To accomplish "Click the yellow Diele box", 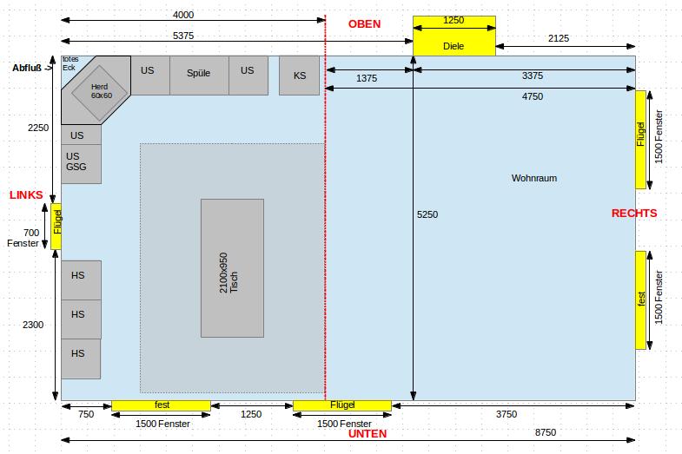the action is (x=454, y=36).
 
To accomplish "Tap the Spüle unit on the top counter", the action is (x=199, y=76).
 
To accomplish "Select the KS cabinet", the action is (x=299, y=76).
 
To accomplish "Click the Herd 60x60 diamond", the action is (x=100, y=93).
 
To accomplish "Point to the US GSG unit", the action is (x=82, y=164).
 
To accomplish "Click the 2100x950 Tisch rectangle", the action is (x=232, y=268).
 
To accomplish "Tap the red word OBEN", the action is (x=365, y=24).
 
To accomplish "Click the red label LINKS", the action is (x=26, y=194).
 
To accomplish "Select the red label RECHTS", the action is (x=634, y=214).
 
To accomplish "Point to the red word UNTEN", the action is (x=367, y=433).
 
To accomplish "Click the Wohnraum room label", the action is (x=534, y=178).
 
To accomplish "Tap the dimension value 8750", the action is (x=546, y=432).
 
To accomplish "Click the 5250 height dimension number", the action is (x=427, y=214).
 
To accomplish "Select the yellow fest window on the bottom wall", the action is (x=161, y=405).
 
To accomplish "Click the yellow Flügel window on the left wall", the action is (x=56, y=227).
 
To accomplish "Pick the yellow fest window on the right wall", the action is (x=640, y=300).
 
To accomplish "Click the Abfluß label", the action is (x=27, y=68).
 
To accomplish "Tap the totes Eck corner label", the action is (x=70, y=63).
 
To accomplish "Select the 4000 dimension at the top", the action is (x=183, y=15).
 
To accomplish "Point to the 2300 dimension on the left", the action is (x=33, y=325).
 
